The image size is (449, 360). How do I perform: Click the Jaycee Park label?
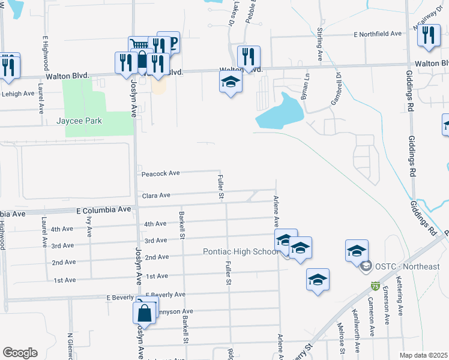pos(79,121)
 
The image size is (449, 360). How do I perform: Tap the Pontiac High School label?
pos(241,251)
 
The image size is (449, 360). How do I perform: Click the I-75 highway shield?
pos(376,286)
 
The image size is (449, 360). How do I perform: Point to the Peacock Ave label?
pos(160,173)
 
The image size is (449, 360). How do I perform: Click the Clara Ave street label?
pos(156,196)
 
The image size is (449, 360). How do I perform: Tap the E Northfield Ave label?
pos(378,35)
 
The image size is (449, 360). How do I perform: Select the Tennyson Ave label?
pos(175,311)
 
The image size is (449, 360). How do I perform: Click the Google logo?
pos(20,352)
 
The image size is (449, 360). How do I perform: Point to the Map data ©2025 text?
pos(423,355)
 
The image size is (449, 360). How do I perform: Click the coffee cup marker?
pos(169,42)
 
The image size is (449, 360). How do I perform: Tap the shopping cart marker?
pos(138,46)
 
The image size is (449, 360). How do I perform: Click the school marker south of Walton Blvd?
pos(231,83)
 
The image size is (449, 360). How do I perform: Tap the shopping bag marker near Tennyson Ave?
pos(145,312)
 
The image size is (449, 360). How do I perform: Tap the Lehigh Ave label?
pos(18,94)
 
